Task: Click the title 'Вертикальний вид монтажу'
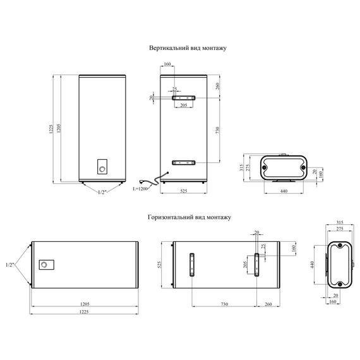(x=188, y=48)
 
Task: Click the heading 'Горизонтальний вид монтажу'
(x=189, y=217)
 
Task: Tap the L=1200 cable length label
(x=140, y=189)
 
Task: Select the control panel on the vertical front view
(x=102, y=167)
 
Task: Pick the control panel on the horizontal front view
(x=47, y=265)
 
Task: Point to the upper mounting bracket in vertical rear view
(x=184, y=98)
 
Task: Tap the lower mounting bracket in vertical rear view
(x=184, y=163)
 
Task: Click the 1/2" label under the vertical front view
(x=102, y=193)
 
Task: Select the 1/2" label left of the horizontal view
(x=10, y=265)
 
